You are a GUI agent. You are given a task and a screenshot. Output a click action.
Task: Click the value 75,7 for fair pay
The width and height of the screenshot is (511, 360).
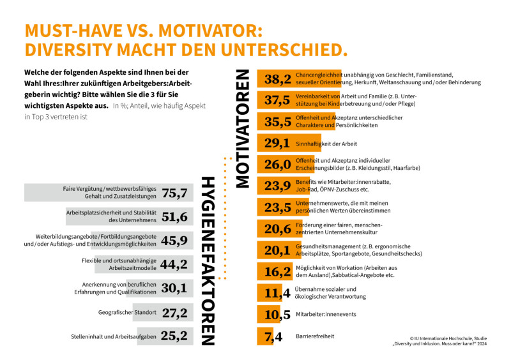(174, 193)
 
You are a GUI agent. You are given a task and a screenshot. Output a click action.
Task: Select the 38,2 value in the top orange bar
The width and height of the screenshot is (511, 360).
(278, 79)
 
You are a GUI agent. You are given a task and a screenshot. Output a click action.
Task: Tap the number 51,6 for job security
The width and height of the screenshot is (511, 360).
(174, 217)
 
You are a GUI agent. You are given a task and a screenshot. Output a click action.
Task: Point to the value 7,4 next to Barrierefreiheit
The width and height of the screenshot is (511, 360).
(269, 336)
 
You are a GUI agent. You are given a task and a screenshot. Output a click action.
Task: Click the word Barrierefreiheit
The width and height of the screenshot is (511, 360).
(315, 336)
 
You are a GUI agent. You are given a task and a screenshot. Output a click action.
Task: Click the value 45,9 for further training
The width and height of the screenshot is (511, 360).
(174, 241)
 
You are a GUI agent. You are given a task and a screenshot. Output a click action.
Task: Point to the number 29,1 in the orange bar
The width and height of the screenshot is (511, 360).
(278, 144)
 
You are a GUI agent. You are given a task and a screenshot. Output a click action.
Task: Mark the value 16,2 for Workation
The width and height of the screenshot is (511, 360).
(278, 272)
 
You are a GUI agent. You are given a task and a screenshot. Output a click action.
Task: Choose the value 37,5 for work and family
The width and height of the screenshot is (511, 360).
(278, 100)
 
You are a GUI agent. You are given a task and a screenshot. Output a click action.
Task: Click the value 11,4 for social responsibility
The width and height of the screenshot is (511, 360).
(277, 294)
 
